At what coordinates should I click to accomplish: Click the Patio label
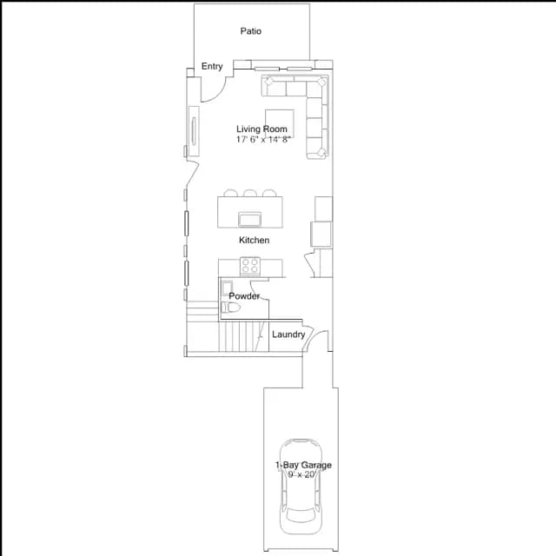pyautogui.click(x=251, y=31)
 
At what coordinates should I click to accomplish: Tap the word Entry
pyautogui.click(x=212, y=66)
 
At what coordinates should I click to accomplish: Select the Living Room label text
pyautogui.click(x=261, y=129)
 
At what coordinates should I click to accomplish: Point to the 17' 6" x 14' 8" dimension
pyautogui.click(x=263, y=139)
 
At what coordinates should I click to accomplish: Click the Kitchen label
pyautogui.click(x=254, y=240)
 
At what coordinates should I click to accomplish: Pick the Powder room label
pyautogui.click(x=244, y=295)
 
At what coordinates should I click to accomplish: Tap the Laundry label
pyautogui.click(x=288, y=334)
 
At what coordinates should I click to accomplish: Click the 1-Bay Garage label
pyautogui.click(x=303, y=465)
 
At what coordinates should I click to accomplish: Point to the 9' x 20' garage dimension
pyautogui.click(x=301, y=475)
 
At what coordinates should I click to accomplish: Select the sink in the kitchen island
pyautogui.click(x=249, y=219)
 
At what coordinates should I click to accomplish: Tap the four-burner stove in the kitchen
pyautogui.click(x=250, y=266)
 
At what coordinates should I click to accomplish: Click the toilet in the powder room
pyautogui.click(x=230, y=307)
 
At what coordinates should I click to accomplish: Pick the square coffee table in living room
pyautogui.click(x=280, y=123)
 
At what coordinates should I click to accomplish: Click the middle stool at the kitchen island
pyautogui.click(x=250, y=193)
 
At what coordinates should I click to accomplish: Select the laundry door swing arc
pyautogui.click(x=314, y=335)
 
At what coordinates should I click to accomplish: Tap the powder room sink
pyautogui.click(x=227, y=288)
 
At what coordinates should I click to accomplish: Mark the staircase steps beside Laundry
pyautogui.click(x=243, y=336)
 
